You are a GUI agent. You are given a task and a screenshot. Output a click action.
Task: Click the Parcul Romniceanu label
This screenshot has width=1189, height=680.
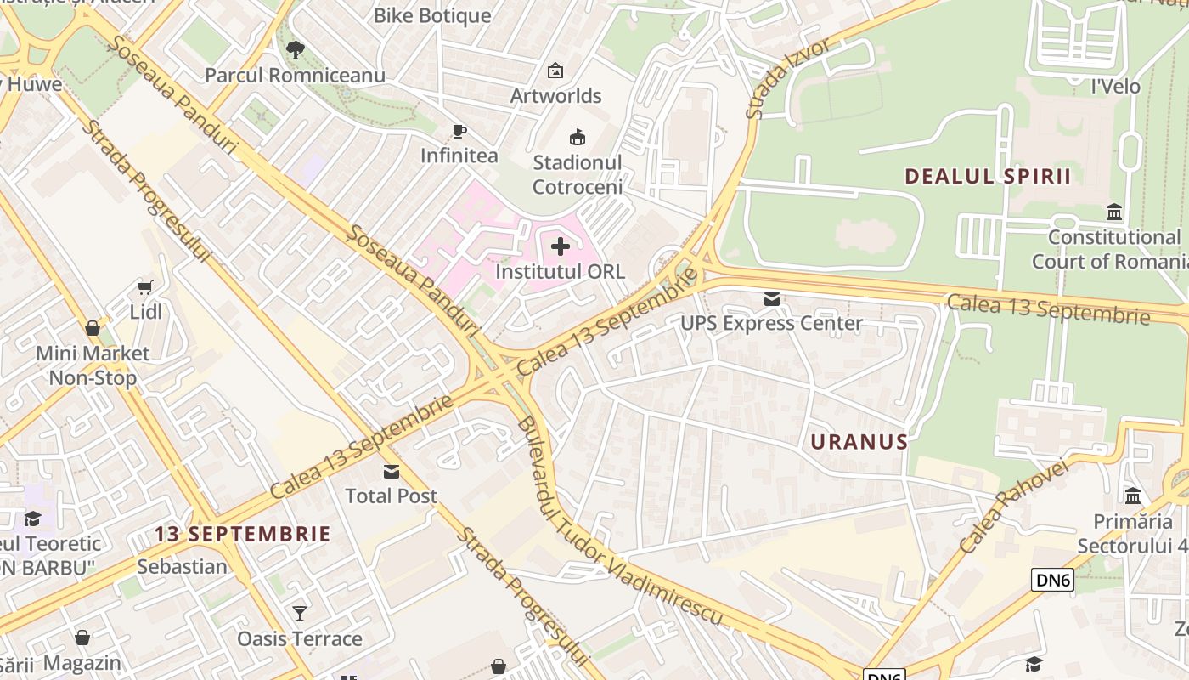pyautogui.click(x=295, y=75)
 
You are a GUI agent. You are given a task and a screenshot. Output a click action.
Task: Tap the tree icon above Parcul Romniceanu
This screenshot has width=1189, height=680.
pyautogui.click(x=295, y=50)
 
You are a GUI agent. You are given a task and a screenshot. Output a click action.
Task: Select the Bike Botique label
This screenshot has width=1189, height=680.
pyautogui.click(x=432, y=15)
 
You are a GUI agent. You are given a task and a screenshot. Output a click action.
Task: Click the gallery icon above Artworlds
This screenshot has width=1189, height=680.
pyautogui.click(x=555, y=71)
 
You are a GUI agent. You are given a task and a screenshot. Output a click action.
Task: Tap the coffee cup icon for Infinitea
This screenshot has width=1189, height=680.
pyautogui.click(x=459, y=131)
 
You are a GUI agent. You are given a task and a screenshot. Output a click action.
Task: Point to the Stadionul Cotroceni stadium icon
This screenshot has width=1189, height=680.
pyautogui.click(x=578, y=137)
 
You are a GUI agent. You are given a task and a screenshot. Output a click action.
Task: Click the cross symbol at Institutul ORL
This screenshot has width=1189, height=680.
pyautogui.click(x=561, y=247)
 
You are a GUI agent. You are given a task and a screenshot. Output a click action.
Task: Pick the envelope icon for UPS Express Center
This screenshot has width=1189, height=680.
pyautogui.click(x=771, y=298)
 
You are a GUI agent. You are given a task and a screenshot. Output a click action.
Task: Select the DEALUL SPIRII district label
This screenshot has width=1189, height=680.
pyautogui.click(x=988, y=177)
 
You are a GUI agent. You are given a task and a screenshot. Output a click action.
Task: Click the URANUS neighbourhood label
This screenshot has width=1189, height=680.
pyautogui.click(x=859, y=442)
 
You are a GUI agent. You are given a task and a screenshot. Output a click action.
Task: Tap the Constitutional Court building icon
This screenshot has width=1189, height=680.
pyautogui.click(x=1114, y=212)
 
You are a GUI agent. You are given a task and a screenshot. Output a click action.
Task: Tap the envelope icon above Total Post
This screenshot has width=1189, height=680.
pyautogui.click(x=391, y=471)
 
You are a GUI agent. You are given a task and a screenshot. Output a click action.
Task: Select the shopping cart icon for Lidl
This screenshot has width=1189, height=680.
pyautogui.click(x=145, y=287)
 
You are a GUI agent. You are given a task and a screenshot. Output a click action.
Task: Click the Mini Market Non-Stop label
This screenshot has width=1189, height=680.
pyautogui.click(x=93, y=365)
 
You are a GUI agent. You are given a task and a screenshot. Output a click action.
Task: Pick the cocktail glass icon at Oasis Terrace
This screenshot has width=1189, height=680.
pyautogui.click(x=299, y=613)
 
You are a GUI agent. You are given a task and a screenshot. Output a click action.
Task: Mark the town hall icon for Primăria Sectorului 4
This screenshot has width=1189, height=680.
pyautogui.click(x=1132, y=496)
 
